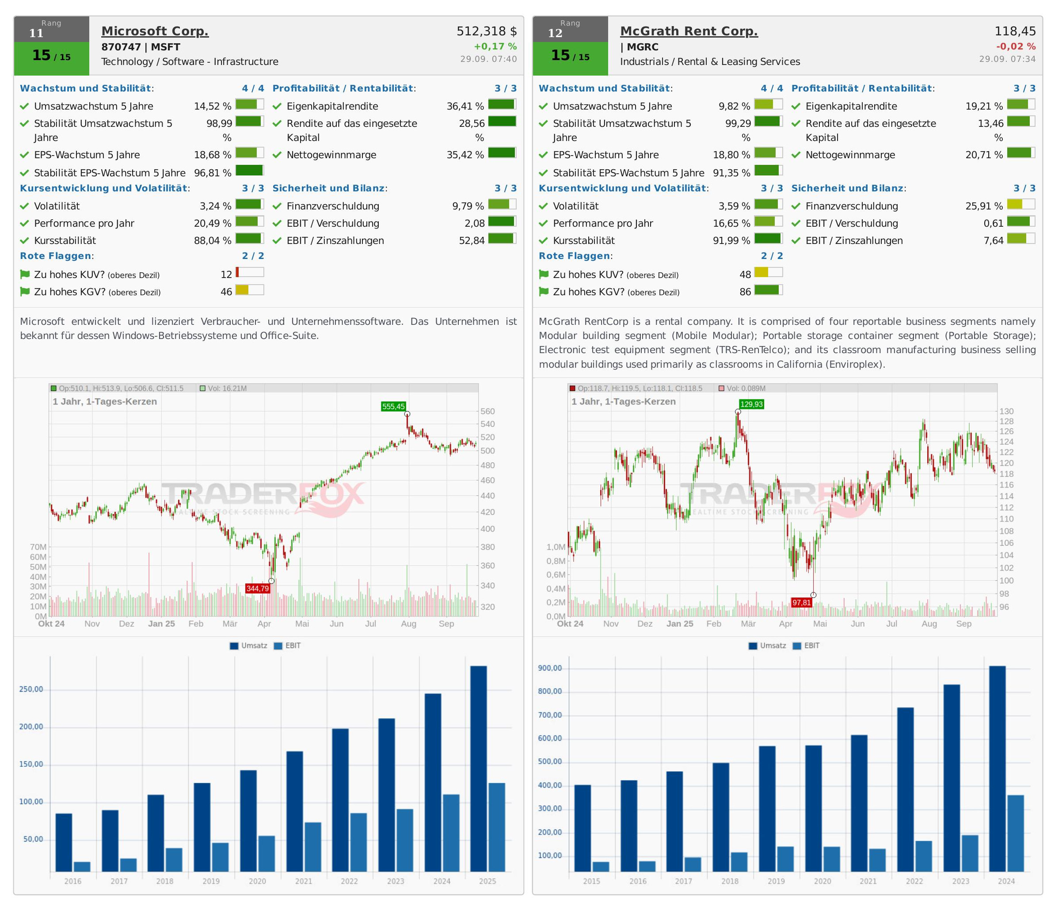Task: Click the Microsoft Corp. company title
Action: coord(155,31)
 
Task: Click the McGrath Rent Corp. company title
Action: coord(689,31)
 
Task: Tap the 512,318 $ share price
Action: coord(487,31)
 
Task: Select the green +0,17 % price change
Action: coord(495,46)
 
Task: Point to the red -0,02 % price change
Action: coord(1016,46)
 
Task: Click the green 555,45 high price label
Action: coord(393,406)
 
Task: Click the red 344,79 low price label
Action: coord(257,589)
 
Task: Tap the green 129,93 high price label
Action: coord(751,404)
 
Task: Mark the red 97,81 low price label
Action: coord(802,603)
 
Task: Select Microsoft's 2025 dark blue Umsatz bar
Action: coord(478,769)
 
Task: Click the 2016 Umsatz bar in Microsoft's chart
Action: coord(64,842)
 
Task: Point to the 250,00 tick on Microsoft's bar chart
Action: coord(31,689)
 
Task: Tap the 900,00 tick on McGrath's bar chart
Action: coord(550,668)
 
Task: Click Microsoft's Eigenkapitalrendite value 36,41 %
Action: coord(465,106)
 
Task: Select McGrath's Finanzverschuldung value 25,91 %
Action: coord(984,206)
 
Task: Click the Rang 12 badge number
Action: coord(555,33)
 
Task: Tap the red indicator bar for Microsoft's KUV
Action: coord(238,272)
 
